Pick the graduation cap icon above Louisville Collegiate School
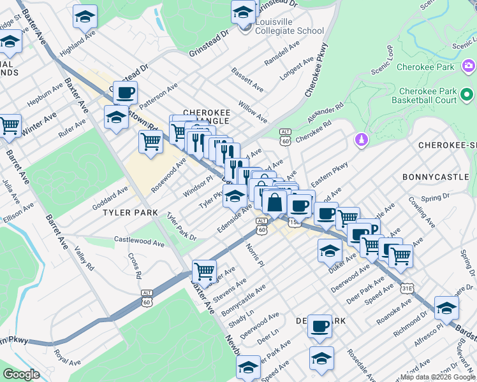[x=242, y=13]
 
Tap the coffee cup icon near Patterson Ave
[x=125, y=93]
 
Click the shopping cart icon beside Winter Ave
[x=10, y=126]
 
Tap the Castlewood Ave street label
[x=139, y=241]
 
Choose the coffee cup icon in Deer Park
[x=319, y=326]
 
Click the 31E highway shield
[x=407, y=288]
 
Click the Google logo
[x=21, y=374]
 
